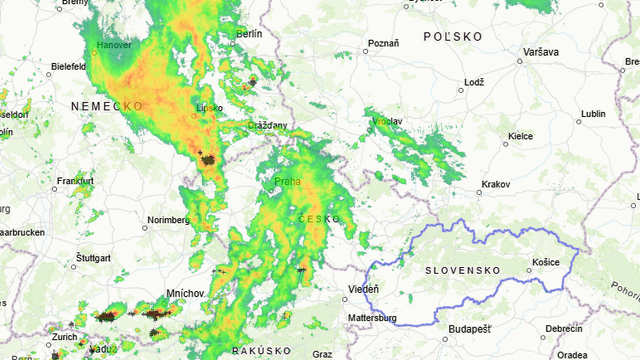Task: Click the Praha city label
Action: [287, 182]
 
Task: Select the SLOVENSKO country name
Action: [462, 271]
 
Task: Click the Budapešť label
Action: [470, 329]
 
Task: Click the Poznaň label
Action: [383, 43]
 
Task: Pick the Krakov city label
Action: [495, 185]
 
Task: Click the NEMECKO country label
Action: [107, 105]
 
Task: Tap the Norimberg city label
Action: [168, 220]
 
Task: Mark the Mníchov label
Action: [186, 292]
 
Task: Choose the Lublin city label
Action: [593, 114]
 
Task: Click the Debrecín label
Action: [564, 329]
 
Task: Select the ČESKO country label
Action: [319, 218]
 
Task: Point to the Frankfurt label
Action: [75, 181]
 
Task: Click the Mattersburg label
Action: [372, 319]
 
